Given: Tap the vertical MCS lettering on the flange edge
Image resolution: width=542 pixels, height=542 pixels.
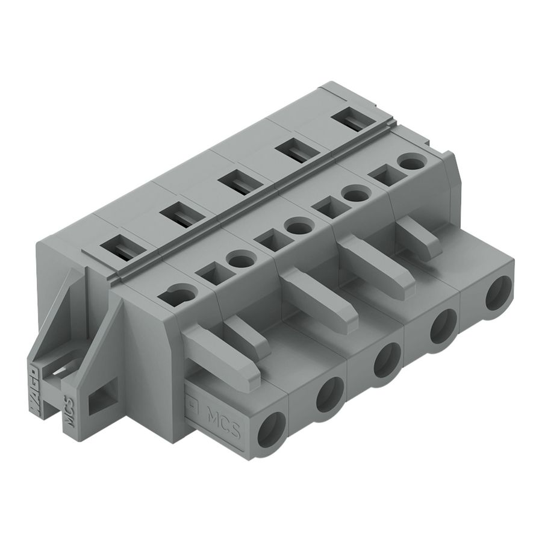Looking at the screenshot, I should (69, 410).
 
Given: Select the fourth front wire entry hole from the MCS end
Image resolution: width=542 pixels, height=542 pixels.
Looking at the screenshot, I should (443, 326).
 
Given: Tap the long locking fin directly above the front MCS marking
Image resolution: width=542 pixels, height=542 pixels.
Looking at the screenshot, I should (223, 361).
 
